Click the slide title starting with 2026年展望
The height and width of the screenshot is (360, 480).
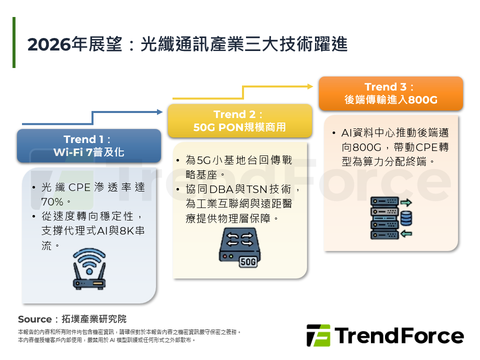point(187,44)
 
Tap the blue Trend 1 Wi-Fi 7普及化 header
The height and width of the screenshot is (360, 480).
point(89,145)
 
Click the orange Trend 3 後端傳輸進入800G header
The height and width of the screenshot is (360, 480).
point(390,93)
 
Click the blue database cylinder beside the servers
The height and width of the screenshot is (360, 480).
point(406,218)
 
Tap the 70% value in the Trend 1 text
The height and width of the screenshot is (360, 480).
point(52,202)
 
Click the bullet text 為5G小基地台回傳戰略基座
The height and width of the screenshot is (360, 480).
point(239,167)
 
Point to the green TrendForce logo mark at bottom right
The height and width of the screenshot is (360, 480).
point(318,335)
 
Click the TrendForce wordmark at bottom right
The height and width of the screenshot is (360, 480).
point(399,335)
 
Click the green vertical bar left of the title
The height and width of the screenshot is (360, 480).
point(14,42)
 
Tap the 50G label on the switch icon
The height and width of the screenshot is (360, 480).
point(248,261)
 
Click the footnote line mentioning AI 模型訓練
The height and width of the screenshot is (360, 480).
point(106,340)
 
